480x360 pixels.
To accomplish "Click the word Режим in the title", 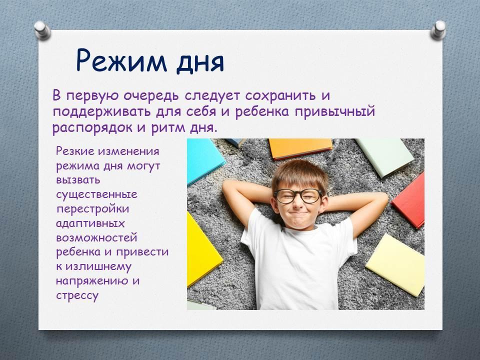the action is point(121,60).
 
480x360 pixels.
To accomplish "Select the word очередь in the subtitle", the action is point(151,96).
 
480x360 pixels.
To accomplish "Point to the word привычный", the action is point(335,111).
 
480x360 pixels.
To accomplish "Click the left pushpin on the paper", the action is point(42,30).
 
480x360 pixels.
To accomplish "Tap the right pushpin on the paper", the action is point(438,30).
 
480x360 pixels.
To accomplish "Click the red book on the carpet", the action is point(409,200).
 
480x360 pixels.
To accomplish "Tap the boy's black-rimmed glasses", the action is point(298,196).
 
